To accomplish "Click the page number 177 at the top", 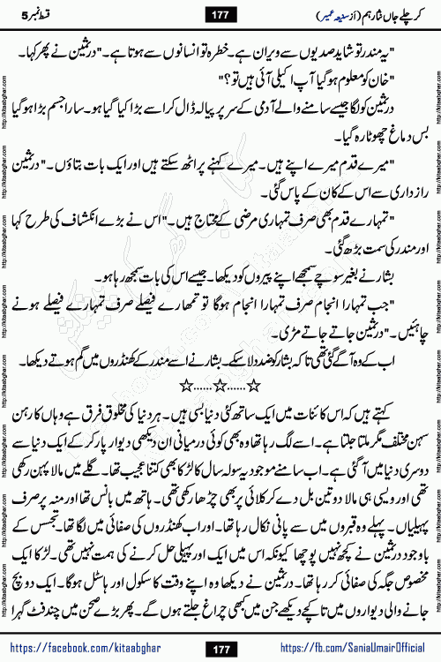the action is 220,13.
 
